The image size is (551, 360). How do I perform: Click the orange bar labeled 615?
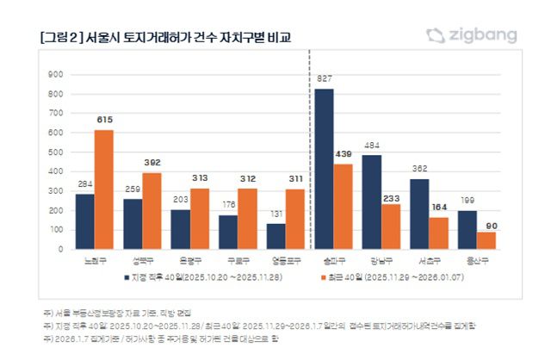[104, 189]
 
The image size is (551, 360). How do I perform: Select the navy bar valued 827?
[324, 169]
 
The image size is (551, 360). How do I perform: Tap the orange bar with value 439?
[344, 207]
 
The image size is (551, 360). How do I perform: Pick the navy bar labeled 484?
[372, 202]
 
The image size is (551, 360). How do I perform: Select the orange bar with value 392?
[152, 211]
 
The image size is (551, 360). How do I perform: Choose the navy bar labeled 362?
[419, 214]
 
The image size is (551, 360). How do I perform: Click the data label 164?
[439, 208]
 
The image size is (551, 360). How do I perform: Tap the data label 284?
[84, 184]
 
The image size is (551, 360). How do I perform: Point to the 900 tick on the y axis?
[58, 74]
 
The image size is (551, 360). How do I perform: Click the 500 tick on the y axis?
[58, 152]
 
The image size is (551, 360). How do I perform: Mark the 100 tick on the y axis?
[58, 229]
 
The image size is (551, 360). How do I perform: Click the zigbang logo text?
[483, 35]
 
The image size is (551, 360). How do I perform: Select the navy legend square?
[118, 277]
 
